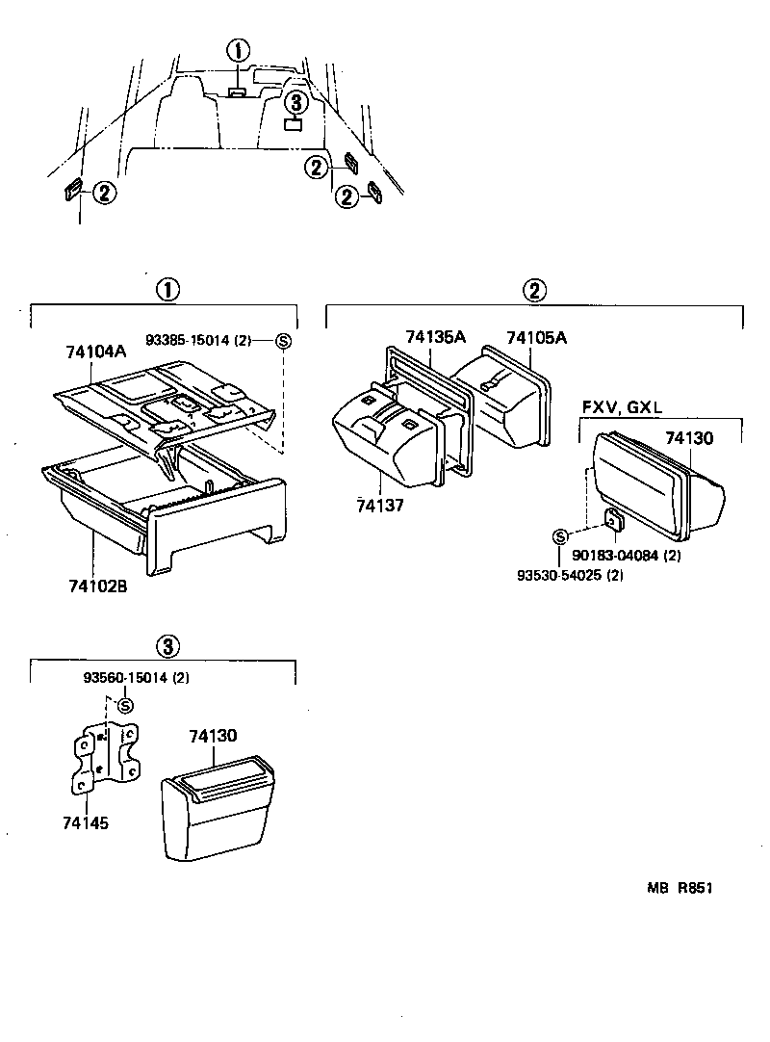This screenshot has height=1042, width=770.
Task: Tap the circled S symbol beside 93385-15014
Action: point(282,340)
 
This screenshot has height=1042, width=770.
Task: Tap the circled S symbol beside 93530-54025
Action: point(559,536)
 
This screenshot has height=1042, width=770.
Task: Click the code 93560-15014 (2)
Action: point(141,678)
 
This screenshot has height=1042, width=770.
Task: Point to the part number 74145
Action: point(87,823)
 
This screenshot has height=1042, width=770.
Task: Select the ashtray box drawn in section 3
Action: point(226,807)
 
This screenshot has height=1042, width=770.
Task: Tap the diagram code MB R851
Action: point(680,891)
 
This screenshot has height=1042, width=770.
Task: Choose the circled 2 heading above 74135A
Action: point(534,290)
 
